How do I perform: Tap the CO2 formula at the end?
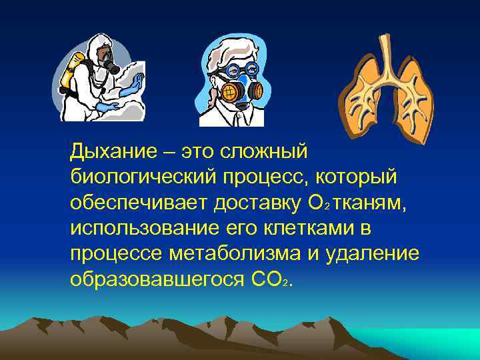270,279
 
